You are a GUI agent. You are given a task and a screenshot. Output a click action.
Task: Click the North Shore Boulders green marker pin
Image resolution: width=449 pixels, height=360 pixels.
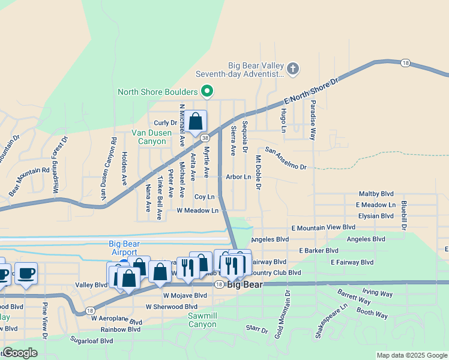click(207, 92)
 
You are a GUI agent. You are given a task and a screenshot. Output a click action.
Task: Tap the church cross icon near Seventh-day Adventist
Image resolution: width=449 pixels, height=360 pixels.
click(293, 68)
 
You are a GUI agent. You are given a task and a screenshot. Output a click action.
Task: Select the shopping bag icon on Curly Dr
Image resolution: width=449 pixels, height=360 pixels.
click(196, 121)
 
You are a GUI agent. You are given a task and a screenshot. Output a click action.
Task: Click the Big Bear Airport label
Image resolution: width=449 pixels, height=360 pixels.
click(124, 248)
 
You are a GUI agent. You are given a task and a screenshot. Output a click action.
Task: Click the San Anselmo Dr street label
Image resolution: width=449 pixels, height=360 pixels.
click(286, 158)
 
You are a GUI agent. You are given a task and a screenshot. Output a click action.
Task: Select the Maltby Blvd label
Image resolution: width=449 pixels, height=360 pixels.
click(376, 194)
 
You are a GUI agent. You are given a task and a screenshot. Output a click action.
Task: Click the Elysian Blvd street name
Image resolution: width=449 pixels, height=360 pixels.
click(375, 216)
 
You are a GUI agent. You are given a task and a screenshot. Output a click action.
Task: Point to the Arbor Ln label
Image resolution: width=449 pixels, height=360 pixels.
click(238, 177)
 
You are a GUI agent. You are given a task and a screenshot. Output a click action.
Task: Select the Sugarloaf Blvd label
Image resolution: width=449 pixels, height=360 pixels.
click(91, 340)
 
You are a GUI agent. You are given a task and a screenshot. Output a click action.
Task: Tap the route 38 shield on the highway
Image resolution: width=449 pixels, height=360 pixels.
click(205, 137)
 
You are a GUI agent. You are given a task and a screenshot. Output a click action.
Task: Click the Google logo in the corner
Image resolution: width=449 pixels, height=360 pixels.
click(20, 353)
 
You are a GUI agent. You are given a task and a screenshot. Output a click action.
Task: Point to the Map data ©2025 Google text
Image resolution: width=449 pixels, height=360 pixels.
click(412, 355)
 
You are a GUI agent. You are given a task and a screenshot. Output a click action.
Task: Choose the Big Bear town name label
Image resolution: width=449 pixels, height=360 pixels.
click(245, 284)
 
